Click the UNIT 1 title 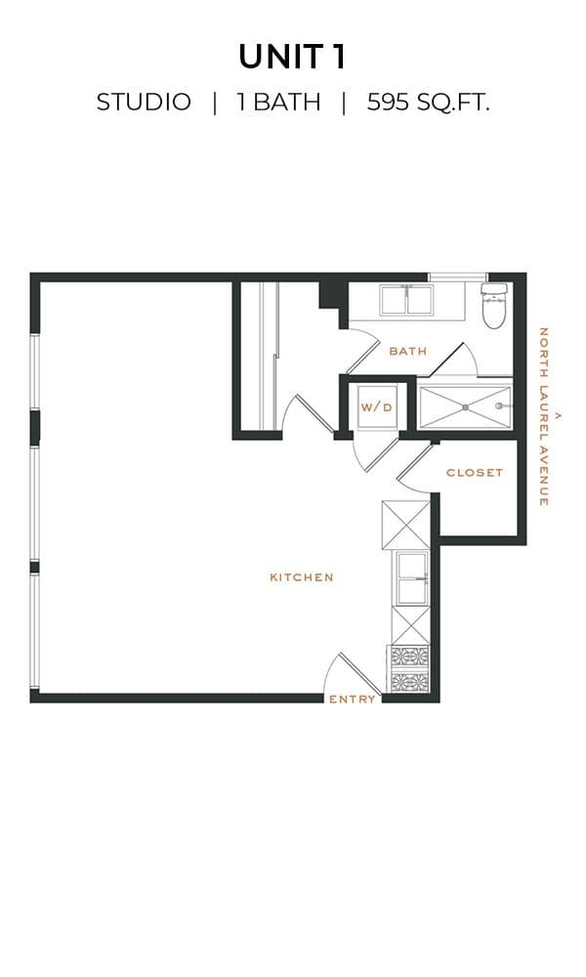click(x=292, y=57)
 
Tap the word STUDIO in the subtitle click(x=144, y=103)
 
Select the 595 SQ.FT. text click(x=428, y=103)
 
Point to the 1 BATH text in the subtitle click(x=278, y=103)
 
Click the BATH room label click(x=408, y=352)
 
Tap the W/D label click(x=377, y=407)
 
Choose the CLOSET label click(x=475, y=473)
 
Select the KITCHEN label click(x=302, y=577)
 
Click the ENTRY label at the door click(x=353, y=700)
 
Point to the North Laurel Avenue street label click(x=544, y=416)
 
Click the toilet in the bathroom click(x=495, y=305)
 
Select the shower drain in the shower click(x=465, y=406)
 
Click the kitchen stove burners click(x=409, y=668)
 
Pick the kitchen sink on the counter click(x=411, y=578)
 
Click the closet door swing click(x=415, y=466)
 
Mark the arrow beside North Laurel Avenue click(x=558, y=414)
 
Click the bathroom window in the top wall click(x=458, y=277)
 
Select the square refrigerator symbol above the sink click(x=405, y=525)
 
